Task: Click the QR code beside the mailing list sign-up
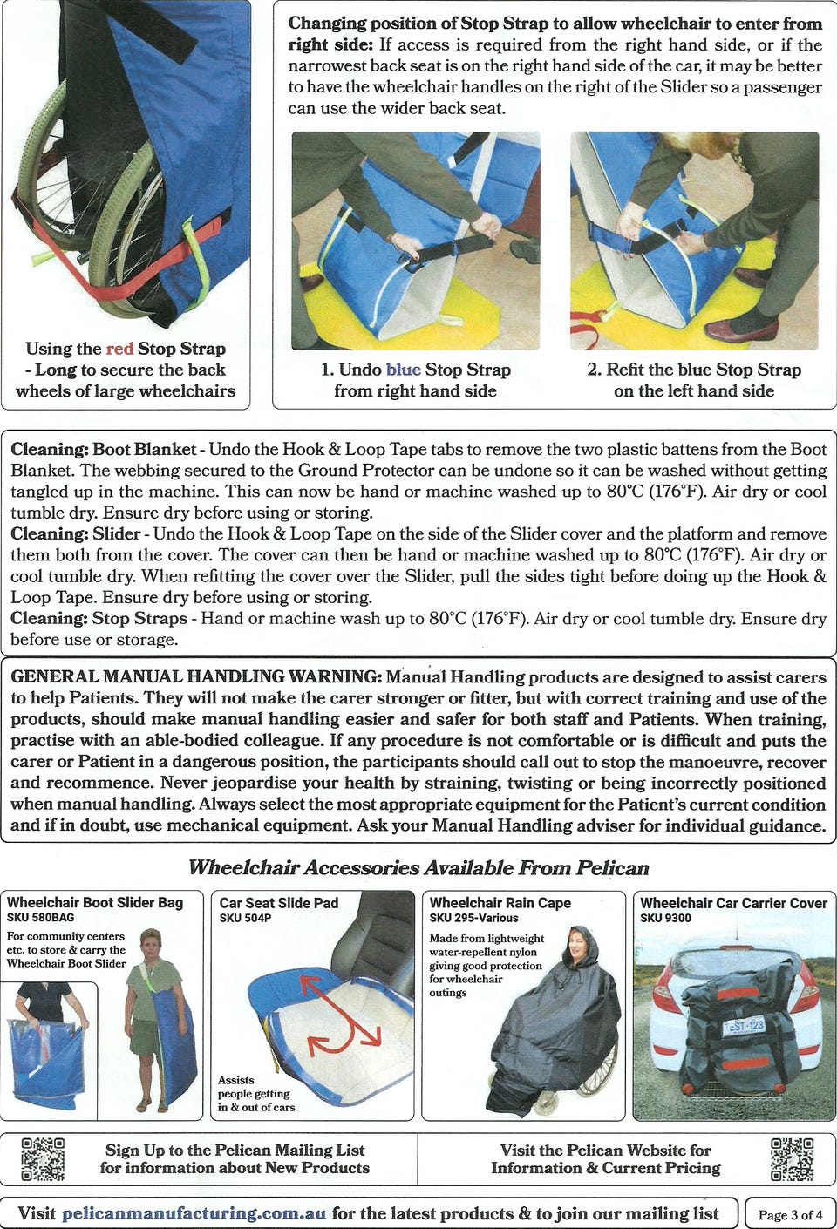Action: click(x=43, y=1158)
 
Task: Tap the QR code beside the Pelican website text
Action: click(x=792, y=1158)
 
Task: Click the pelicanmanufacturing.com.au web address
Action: click(x=194, y=1212)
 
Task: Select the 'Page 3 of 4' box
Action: click(x=790, y=1214)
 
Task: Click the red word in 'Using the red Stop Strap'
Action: click(x=119, y=349)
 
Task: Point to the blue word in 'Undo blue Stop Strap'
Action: click(x=404, y=370)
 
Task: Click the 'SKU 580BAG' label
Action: click(x=40, y=917)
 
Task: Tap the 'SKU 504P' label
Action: click(x=245, y=918)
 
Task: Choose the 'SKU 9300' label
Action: click(x=665, y=918)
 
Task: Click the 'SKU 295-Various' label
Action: click(x=473, y=918)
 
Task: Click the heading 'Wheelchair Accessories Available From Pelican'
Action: click(x=418, y=867)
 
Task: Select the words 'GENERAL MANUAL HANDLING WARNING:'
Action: click(x=196, y=676)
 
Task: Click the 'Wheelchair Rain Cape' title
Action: click(x=500, y=902)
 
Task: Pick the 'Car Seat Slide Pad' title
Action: click(x=279, y=902)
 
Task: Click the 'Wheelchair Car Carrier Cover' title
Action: click(x=733, y=902)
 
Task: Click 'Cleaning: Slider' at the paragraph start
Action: click(x=76, y=533)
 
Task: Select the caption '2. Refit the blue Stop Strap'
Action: click(x=694, y=370)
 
